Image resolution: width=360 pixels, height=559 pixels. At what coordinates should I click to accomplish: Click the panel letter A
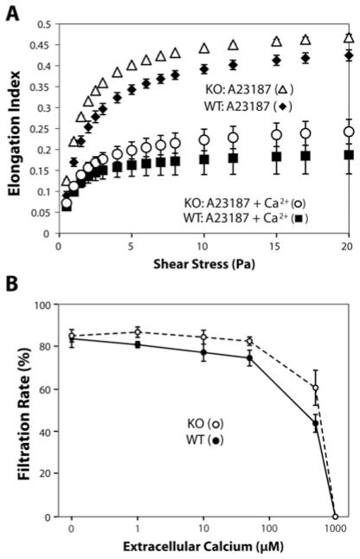coord(11,10)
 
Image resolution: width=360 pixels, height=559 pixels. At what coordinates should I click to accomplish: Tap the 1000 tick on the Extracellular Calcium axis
coord(334,529)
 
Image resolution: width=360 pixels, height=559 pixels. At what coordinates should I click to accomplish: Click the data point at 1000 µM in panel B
coord(335,517)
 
